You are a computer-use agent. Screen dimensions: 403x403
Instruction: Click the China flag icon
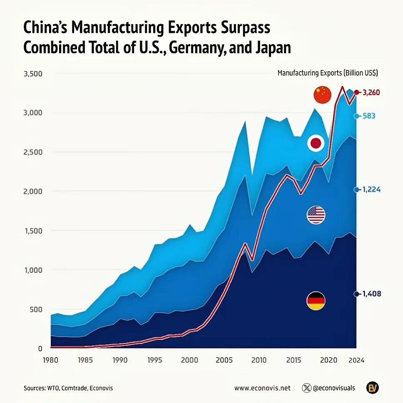(x=322, y=95)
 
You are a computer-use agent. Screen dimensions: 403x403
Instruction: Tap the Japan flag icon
(x=316, y=144)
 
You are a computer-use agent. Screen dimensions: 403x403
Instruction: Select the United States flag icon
(x=316, y=215)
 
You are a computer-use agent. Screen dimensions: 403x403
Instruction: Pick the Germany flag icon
(x=316, y=301)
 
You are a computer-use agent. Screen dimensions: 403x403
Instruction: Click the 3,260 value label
(x=371, y=92)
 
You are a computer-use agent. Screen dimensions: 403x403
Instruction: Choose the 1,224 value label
(x=371, y=189)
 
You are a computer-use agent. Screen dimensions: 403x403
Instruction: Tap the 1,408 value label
(x=371, y=294)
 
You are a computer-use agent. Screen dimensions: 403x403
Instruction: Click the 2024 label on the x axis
(x=356, y=361)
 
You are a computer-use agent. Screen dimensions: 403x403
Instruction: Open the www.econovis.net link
(x=262, y=388)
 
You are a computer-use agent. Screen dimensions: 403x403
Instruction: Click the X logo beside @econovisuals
(x=307, y=388)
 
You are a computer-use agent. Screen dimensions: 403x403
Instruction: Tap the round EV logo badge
(x=372, y=388)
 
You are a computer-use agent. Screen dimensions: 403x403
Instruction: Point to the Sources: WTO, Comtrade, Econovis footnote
(x=68, y=388)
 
